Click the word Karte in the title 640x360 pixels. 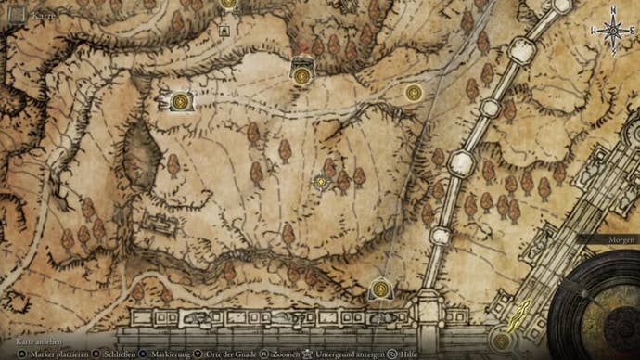[x=43, y=16]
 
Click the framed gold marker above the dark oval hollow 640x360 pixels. [x=181, y=100]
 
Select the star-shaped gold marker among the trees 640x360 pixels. [x=321, y=182]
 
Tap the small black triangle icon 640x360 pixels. [x=224, y=31]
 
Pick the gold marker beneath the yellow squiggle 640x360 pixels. [x=502, y=341]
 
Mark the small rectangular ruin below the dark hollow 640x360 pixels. [x=160, y=224]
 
